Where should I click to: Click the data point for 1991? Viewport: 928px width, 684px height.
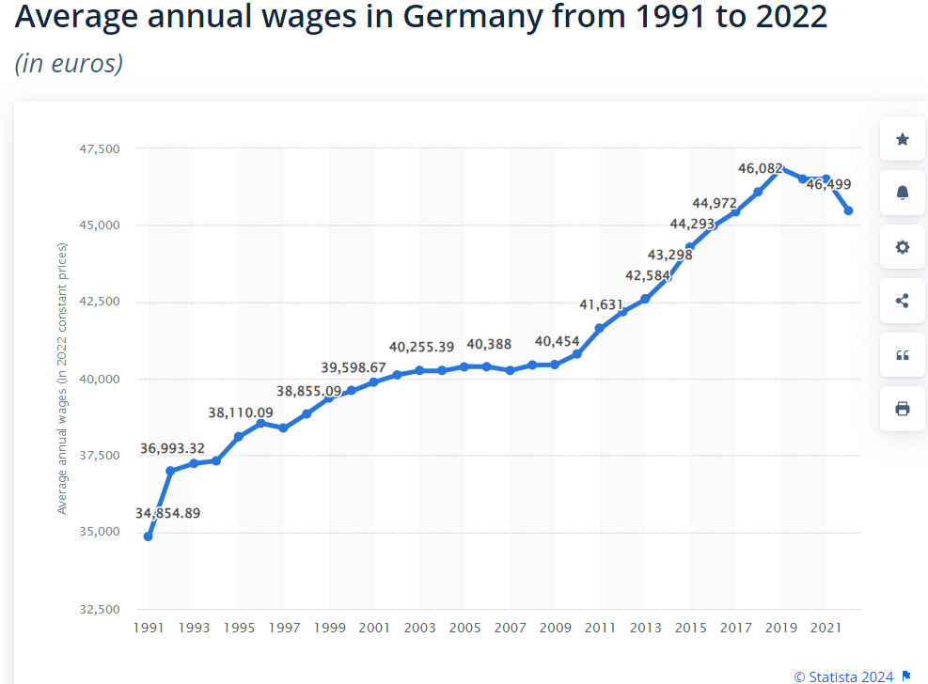[149, 536]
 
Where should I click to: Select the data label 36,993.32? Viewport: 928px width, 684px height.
[185, 448]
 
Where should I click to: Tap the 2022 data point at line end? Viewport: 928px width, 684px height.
[848, 210]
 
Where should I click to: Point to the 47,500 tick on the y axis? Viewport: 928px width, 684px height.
[101, 148]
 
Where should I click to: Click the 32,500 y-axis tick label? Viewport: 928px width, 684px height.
[101, 610]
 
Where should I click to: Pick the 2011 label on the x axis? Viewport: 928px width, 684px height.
[601, 628]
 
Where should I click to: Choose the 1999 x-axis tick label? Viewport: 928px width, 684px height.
[329, 628]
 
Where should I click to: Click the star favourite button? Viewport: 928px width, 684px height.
[903, 139]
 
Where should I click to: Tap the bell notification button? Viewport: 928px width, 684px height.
[903, 193]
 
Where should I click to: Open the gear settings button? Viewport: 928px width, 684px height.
[903, 247]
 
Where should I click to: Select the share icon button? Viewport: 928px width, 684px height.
[903, 301]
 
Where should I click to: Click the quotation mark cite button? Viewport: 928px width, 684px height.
[903, 355]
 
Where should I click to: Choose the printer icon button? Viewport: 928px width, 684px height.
[903, 409]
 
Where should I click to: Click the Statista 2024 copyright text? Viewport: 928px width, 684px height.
[843, 676]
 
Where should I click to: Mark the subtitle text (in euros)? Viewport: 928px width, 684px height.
[69, 64]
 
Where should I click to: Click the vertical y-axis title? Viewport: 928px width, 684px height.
[63, 378]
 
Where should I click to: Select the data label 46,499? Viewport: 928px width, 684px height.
[828, 184]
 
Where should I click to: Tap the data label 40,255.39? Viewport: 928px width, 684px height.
[421, 347]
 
